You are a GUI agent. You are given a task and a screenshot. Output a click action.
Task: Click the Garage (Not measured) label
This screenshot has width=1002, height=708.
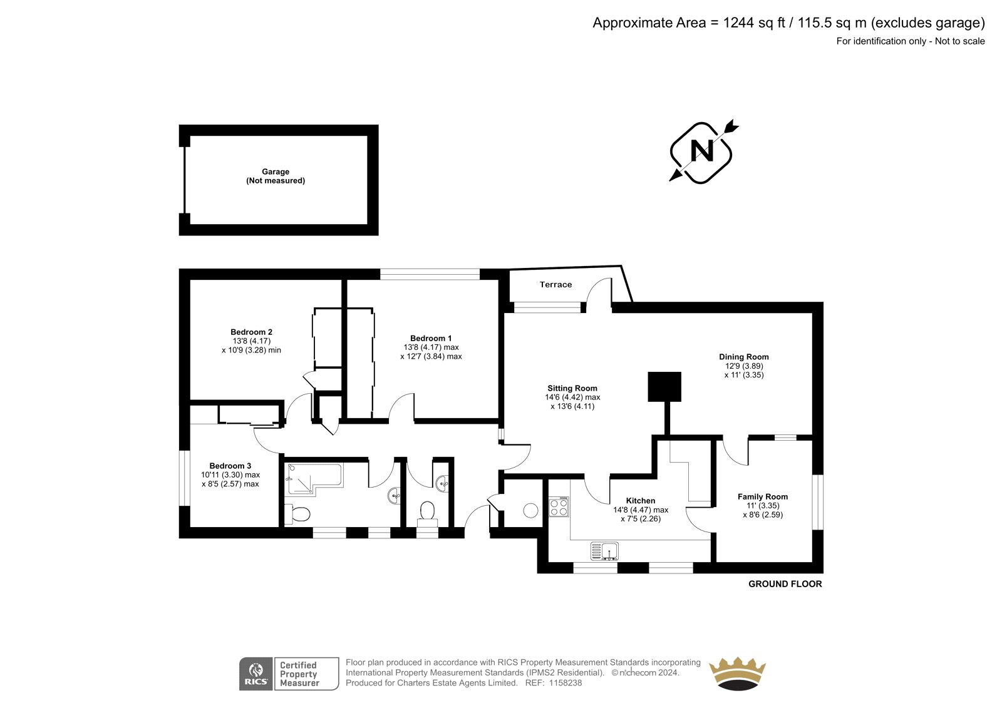[276, 176]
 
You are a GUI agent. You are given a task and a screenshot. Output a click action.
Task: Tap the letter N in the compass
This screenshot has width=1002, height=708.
[702, 151]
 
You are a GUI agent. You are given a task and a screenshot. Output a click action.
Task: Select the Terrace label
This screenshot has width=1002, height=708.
[555, 284]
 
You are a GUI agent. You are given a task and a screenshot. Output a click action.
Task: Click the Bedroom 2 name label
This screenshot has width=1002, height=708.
[251, 332]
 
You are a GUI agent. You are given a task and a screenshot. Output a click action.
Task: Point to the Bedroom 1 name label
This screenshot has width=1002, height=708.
[431, 338]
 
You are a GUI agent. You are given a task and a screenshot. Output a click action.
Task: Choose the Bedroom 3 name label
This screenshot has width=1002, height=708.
[230, 466]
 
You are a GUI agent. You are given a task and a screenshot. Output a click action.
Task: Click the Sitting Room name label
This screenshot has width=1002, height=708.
[572, 388]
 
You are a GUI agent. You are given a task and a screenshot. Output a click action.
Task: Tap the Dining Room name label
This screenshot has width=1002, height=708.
[744, 357]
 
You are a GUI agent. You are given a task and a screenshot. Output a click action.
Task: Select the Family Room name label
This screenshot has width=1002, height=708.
[763, 496]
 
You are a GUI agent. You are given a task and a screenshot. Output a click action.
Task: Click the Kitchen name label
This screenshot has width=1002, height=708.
[641, 500]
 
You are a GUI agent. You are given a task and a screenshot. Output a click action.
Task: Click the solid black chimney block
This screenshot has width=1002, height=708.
[664, 386]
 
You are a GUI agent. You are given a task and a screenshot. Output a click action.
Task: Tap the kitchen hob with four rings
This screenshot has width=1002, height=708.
[559, 506]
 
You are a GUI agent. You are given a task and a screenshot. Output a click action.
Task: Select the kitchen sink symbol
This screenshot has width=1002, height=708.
[604, 551]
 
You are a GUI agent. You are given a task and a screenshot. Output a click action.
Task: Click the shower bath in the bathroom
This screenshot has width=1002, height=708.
[314, 480]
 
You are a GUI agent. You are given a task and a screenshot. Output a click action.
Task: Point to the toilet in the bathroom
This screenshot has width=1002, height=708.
[297, 514]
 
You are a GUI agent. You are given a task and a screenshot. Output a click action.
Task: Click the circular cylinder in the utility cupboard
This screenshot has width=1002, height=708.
[530, 510]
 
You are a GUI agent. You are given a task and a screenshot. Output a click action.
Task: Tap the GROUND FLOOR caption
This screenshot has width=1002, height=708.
[785, 583]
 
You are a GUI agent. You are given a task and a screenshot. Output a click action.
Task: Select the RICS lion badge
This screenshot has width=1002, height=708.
[256, 674]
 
